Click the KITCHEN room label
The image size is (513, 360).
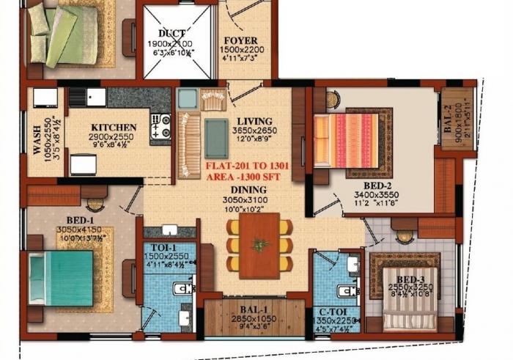[x=114, y=127]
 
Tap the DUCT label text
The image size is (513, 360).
[x=174, y=34]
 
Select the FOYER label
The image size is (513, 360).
[x=239, y=40]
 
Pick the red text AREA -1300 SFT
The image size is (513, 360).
[x=246, y=177]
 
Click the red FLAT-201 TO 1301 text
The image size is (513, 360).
[x=247, y=166]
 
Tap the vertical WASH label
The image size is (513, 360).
[x=37, y=139]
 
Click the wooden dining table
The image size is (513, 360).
[x=259, y=245]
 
